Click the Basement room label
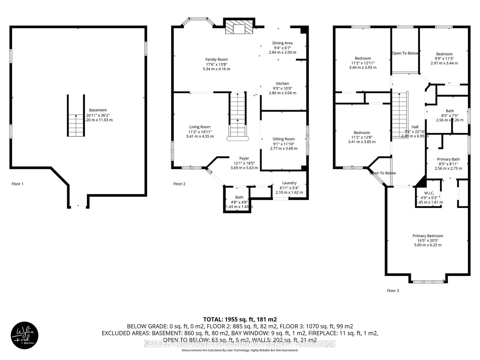pyautogui.click(x=98, y=110)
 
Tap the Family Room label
pyautogui.click(x=216, y=59)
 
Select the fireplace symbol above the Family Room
pyautogui.click(x=239, y=29)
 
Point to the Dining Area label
pyautogui.click(x=282, y=43)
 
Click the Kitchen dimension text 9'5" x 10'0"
pyautogui.click(x=282, y=88)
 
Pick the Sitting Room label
pyautogui.click(x=283, y=139)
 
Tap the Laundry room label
pyautogui.click(x=289, y=183)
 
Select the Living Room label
pyautogui.click(x=200, y=127)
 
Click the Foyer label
pyautogui.click(x=244, y=158)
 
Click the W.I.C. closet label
pyautogui.click(x=429, y=193)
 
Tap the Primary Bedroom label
pyautogui.click(x=427, y=236)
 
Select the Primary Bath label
pyautogui.click(x=448, y=159)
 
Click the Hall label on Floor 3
pyautogui.click(x=415, y=127)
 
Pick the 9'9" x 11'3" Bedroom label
pyautogui.click(x=444, y=54)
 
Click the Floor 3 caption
pyautogui.click(x=393, y=290)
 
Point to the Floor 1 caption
pyautogui.click(x=17, y=184)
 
